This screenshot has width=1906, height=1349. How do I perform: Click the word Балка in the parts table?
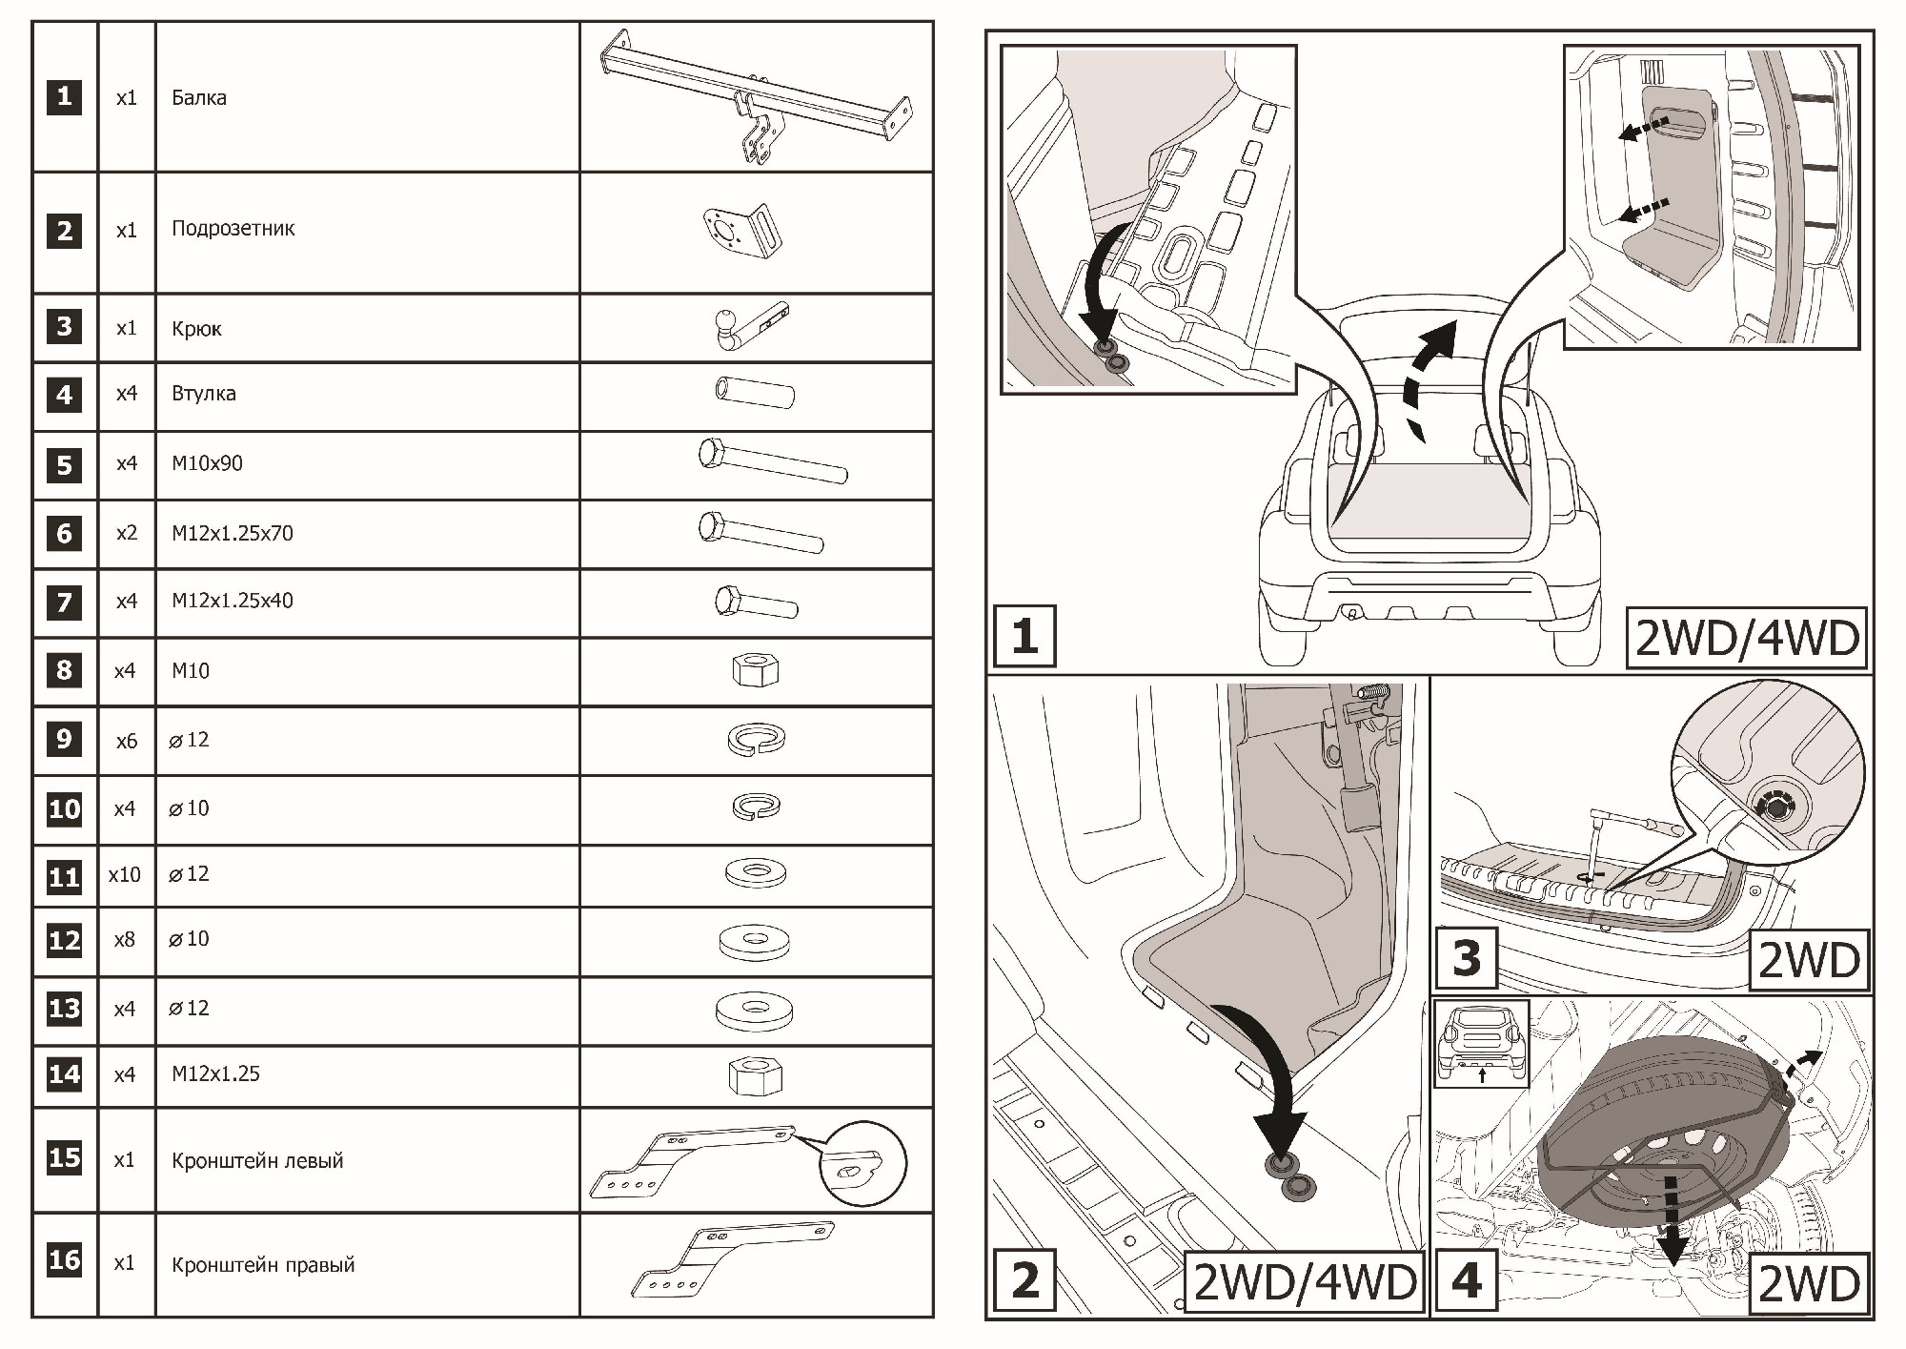tap(199, 97)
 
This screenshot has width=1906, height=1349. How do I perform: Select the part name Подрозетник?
tap(233, 229)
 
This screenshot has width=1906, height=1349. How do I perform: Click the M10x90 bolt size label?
tap(207, 463)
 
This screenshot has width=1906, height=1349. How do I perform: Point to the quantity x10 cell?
tap(125, 875)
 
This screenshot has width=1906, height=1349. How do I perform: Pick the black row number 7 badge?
tap(64, 603)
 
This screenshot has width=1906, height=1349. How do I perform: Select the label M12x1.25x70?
tap(233, 533)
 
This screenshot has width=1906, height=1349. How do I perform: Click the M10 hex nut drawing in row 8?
tap(756, 670)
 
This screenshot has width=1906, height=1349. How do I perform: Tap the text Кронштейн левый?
tap(257, 1161)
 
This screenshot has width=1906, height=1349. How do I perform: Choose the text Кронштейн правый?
tap(263, 1265)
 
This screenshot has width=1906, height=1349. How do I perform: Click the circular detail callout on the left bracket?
tap(862, 1163)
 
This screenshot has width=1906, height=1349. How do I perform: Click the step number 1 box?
tap(1024, 636)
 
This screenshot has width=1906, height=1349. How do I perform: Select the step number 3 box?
tap(1466, 959)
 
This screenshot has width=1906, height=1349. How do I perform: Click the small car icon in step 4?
tap(1482, 1044)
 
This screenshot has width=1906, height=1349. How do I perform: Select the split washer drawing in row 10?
tap(756, 807)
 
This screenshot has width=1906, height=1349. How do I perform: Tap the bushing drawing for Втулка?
tap(755, 393)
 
